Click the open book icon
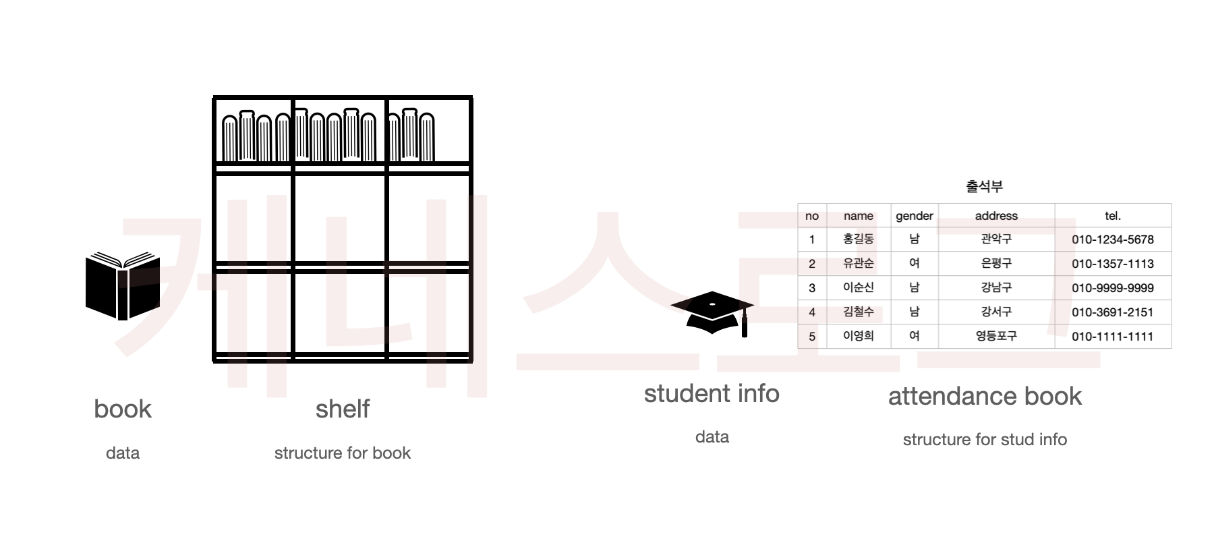[122, 286]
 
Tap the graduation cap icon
[712, 312]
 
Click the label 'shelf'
[343, 409]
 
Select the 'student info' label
[712, 393]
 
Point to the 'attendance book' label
[985, 396]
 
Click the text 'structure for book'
[343, 453]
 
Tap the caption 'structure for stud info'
[985, 440]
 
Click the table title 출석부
[984, 186]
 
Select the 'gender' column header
[914, 216]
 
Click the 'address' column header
[996, 216]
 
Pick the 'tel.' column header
[1112, 216]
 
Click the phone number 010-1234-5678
[1112, 239]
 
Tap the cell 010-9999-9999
[1112, 288]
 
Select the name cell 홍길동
[858, 239]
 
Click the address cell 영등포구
[996, 336]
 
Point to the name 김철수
[858, 312]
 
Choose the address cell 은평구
[996, 263]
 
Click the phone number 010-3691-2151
[1112, 312]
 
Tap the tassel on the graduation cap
[744, 326]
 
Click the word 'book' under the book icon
[123, 409]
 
